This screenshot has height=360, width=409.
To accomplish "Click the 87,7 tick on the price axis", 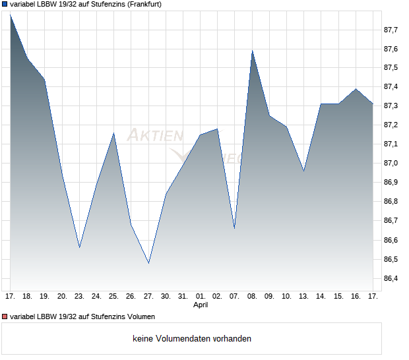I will pyautogui.click(x=391, y=30).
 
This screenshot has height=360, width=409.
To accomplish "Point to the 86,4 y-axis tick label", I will pyautogui.click(x=391, y=278).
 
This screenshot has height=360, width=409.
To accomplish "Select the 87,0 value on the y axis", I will pyautogui.click(x=391, y=163).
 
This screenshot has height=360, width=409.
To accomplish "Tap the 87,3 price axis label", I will pyautogui.click(x=391, y=105).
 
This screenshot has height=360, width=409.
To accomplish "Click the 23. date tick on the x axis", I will pyautogui.click(x=79, y=297).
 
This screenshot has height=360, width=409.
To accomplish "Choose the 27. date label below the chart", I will pyautogui.click(x=148, y=297).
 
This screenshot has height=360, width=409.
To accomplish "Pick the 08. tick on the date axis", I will pyautogui.click(x=252, y=297).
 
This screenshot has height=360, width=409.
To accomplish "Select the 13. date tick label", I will pyautogui.click(x=303, y=297).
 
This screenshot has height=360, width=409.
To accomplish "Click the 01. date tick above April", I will pyautogui.click(x=201, y=297).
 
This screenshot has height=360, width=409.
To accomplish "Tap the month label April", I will pyautogui.click(x=201, y=305).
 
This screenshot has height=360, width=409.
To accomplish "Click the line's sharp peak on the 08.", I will pyautogui.click(x=252, y=51).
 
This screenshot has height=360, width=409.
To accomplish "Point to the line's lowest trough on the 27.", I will pyautogui.click(x=148, y=263).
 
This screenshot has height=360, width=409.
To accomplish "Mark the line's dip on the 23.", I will pyautogui.click(x=79, y=247).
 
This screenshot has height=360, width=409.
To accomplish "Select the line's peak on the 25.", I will pyautogui.click(x=114, y=133).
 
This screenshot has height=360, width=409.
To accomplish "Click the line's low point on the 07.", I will pyautogui.click(x=235, y=228).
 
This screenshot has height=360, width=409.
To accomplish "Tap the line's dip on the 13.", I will pyautogui.click(x=303, y=171).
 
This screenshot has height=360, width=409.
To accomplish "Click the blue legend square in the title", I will pyautogui.click(x=5, y=4).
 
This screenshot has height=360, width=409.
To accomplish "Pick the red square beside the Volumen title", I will pyautogui.click(x=5, y=317).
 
